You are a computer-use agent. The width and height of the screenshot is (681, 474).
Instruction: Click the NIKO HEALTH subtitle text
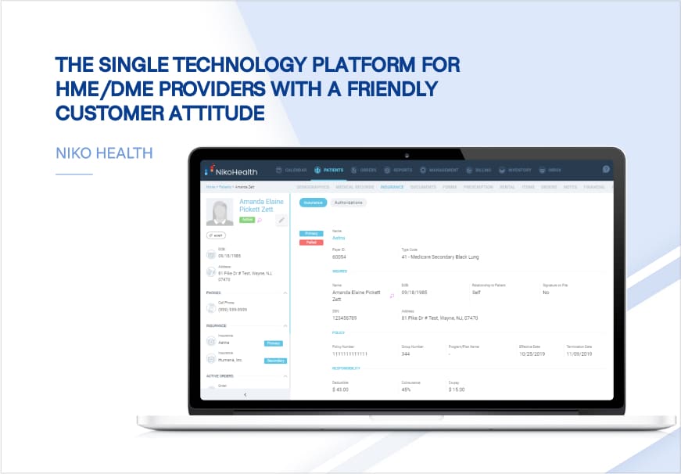[104, 153]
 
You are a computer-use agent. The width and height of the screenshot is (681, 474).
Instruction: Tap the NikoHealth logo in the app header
[228, 170]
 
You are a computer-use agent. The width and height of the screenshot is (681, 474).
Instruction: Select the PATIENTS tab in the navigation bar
[328, 170]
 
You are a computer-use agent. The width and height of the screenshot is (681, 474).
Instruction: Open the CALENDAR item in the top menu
[292, 170]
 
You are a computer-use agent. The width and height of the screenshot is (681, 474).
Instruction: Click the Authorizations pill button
[348, 203]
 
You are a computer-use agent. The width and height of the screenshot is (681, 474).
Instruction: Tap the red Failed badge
[312, 242]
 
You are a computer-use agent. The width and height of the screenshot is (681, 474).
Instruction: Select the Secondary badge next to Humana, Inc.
[275, 361]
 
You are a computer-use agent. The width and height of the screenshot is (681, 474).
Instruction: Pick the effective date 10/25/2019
[532, 353]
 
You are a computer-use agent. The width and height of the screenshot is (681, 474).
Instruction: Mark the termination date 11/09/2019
[579, 353]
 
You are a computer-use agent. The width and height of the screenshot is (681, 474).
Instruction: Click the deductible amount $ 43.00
[342, 389]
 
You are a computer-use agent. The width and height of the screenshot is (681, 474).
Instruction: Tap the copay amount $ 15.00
[457, 389]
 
